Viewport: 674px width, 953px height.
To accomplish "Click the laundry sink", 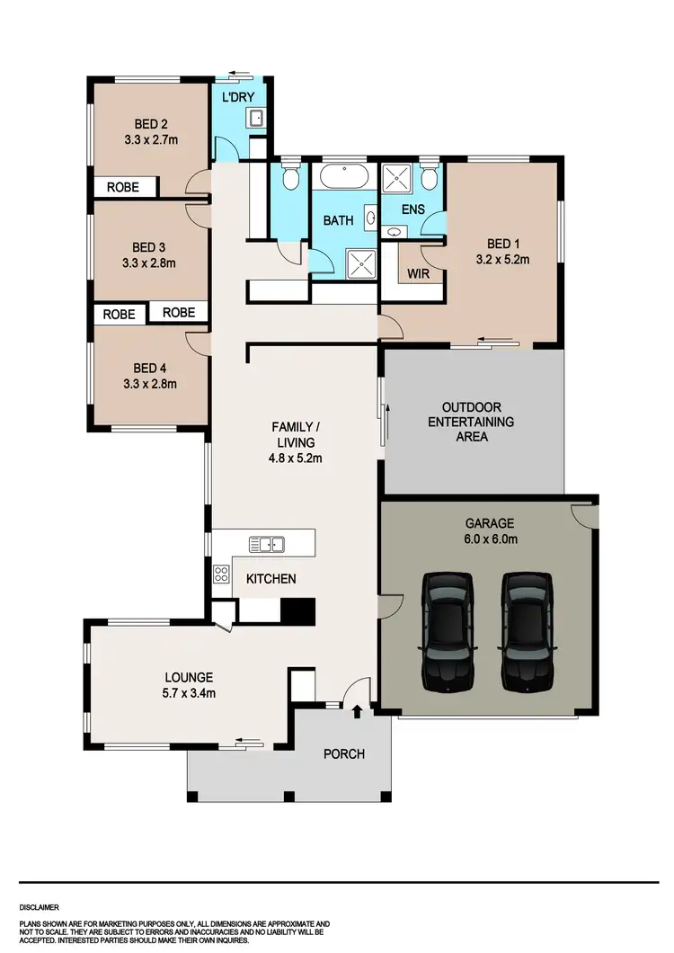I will point(255,117).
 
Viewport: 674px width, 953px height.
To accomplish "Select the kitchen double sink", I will point(267,543).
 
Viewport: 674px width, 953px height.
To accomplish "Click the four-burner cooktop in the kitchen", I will point(220,574).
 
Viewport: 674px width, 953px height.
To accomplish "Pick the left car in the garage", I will point(447,631).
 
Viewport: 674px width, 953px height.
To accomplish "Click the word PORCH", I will point(344,753).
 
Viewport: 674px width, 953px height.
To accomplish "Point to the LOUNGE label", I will point(188,677).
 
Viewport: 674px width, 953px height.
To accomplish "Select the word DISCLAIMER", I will point(41,908).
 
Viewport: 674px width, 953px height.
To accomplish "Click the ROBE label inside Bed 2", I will point(123,187).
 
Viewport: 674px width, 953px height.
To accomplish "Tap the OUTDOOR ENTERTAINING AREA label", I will point(471,422).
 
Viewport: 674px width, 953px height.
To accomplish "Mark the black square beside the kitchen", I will point(297,610).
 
